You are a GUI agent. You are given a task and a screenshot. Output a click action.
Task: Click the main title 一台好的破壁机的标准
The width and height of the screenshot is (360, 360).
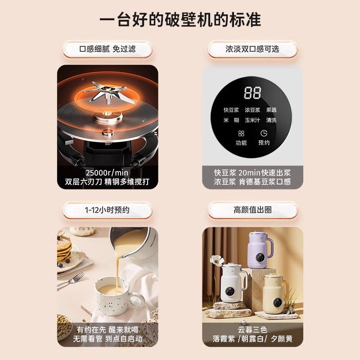(x=180, y=20)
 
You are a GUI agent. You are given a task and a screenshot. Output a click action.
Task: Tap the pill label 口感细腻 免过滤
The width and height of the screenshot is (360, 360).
(x=107, y=49)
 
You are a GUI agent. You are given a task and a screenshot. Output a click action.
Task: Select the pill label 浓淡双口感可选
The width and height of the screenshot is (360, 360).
(x=252, y=49)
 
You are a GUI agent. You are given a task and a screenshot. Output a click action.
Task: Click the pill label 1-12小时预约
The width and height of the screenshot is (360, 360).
(x=107, y=210)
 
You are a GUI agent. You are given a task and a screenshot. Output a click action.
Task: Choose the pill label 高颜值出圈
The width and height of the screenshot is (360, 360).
(x=252, y=210)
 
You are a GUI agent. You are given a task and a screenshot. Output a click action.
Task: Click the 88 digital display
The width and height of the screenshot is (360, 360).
(x=252, y=93)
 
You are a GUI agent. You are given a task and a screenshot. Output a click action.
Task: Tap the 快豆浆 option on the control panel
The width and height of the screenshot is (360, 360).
(x=232, y=110)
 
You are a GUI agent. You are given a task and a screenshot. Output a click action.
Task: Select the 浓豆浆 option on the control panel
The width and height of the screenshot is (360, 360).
(x=252, y=110)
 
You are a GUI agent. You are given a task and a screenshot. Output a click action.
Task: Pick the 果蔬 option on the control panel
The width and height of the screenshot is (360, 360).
(x=271, y=110)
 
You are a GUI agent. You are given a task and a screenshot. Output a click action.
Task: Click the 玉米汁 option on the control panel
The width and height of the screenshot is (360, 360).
(x=252, y=120)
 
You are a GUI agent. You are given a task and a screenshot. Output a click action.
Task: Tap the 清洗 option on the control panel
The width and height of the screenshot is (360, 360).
(x=271, y=120)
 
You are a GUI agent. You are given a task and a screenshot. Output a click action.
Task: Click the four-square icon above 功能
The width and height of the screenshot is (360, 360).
(x=241, y=134)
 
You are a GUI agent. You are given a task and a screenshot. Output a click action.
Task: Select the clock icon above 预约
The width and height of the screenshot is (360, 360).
(x=264, y=134)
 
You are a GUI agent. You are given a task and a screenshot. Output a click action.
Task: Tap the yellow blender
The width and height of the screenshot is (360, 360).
(x=276, y=288)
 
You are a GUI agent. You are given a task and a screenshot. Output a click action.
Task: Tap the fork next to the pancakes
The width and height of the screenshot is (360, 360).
(x=72, y=279)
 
